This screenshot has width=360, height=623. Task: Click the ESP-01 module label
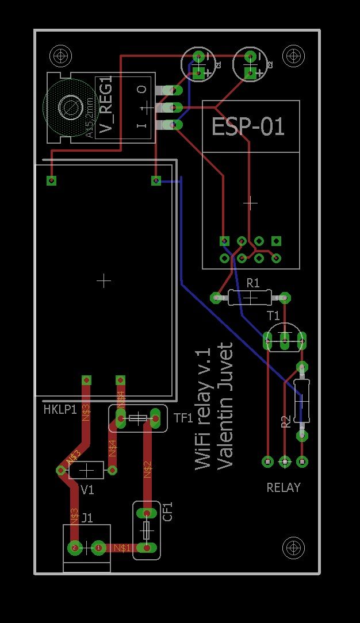[x=248, y=126]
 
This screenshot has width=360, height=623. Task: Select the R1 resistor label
[x=253, y=283]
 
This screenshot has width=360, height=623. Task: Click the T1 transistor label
[x=273, y=316]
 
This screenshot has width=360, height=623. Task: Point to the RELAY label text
[x=284, y=487]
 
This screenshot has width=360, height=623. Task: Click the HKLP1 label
[x=60, y=410]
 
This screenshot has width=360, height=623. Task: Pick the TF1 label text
[x=183, y=418]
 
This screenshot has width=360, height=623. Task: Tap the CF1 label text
[x=168, y=512]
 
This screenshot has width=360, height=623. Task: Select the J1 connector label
[x=87, y=518]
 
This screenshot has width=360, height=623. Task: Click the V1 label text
[x=87, y=490]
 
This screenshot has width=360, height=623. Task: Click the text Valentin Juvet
[x=226, y=406]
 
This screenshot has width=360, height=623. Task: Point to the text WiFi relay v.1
[x=204, y=409]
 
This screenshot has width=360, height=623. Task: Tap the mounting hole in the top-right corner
[x=294, y=56]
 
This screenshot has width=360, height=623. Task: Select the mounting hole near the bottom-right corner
[x=294, y=548]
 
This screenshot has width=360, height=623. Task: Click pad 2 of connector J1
[x=74, y=548]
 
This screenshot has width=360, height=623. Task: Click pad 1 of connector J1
[x=99, y=548]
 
